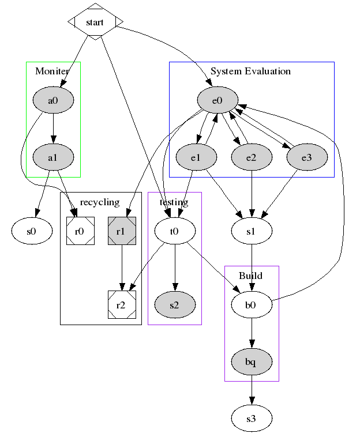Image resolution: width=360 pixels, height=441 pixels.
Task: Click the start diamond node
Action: click(95, 22)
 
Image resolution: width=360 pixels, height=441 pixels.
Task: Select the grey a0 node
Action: click(52, 101)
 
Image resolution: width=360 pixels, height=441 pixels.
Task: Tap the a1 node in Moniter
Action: click(52, 157)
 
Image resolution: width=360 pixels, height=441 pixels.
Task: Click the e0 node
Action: click(217, 101)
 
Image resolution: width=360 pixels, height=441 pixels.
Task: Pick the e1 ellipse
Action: click(196, 157)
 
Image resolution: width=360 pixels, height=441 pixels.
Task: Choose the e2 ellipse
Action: click(252, 157)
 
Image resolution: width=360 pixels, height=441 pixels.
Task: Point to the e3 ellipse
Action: click(307, 157)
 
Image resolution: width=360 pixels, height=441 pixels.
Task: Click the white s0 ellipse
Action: click(32, 231)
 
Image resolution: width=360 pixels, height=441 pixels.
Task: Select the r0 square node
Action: click(80, 231)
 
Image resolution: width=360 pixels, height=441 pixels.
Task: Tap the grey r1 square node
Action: click(122, 231)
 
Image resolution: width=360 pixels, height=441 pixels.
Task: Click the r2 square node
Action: click(122, 305)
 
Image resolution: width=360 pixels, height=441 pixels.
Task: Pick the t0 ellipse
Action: click(175, 231)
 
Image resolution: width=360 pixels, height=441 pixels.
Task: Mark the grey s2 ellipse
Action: click(175, 305)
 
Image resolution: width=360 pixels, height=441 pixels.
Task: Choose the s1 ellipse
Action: click(252, 231)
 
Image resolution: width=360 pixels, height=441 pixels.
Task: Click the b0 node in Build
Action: click(252, 305)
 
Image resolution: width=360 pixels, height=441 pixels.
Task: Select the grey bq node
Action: click(252, 361)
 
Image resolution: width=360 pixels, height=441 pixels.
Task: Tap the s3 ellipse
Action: click(252, 418)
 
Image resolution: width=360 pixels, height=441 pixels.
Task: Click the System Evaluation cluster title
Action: click(251, 71)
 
